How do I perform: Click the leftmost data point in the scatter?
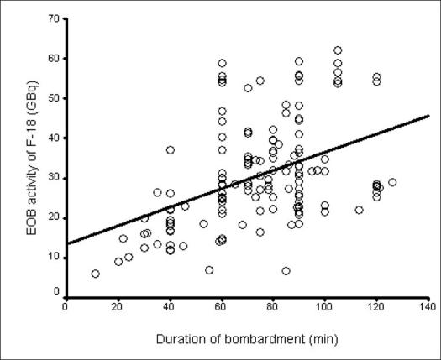[96, 274]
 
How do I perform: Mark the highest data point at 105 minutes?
[338, 50]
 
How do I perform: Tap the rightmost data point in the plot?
[392, 182]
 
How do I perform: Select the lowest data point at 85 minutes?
[286, 271]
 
